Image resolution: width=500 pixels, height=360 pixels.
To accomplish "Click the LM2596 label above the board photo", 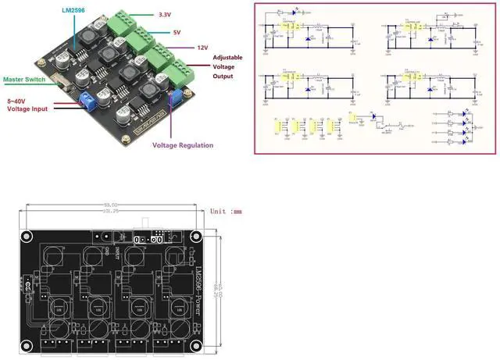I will pyautogui.click(x=75, y=10).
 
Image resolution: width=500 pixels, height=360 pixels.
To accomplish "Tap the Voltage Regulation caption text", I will pyautogui.click(x=181, y=144).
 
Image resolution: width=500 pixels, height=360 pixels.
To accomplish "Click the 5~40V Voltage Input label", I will pyautogui.click(x=27, y=105).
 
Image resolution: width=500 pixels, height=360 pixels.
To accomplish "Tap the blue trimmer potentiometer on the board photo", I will pyautogui.click(x=178, y=97).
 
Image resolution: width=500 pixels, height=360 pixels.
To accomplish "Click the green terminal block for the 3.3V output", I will pyautogui.click(x=121, y=23).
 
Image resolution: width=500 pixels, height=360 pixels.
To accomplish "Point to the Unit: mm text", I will pyautogui.click(x=227, y=211).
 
